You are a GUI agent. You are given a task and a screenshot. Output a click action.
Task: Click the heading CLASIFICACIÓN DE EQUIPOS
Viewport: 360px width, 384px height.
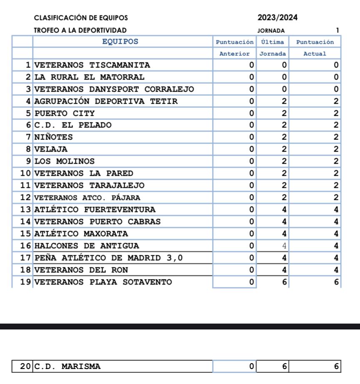(x=81, y=18)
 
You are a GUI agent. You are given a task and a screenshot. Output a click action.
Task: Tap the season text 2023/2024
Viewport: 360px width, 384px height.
(x=278, y=18)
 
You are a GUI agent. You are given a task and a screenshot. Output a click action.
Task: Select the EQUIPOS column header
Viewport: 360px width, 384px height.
(x=120, y=42)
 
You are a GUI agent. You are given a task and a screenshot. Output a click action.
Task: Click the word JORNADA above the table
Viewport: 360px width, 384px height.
(x=271, y=30)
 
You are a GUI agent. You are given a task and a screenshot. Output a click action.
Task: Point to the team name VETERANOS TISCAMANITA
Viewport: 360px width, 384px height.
(x=92, y=65)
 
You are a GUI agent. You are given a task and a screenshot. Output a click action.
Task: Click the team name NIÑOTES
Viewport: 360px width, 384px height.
(x=53, y=137)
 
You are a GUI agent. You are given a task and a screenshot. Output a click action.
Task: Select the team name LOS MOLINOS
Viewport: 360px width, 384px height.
(x=64, y=161)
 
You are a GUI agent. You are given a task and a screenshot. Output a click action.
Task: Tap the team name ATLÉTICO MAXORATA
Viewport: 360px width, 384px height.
(x=81, y=233)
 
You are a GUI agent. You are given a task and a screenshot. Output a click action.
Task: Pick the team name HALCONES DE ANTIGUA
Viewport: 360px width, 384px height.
(x=87, y=246)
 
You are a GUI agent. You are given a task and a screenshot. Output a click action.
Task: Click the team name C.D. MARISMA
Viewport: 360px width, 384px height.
(x=67, y=367)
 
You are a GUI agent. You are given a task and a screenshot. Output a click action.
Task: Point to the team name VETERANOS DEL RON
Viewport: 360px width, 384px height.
(x=81, y=270)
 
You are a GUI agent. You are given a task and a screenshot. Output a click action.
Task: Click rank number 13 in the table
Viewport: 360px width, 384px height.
(x=26, y=209)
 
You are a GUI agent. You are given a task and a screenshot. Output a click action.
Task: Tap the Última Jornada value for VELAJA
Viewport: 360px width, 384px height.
(x=285, y=149)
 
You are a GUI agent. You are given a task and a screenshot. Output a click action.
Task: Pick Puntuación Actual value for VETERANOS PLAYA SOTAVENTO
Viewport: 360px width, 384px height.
(x=336, y=282)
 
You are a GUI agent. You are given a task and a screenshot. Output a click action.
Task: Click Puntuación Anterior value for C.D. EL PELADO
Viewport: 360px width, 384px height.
(x=251, y=125)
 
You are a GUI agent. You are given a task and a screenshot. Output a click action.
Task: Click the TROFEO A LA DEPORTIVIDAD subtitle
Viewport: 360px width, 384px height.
(x=80, y=30)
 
